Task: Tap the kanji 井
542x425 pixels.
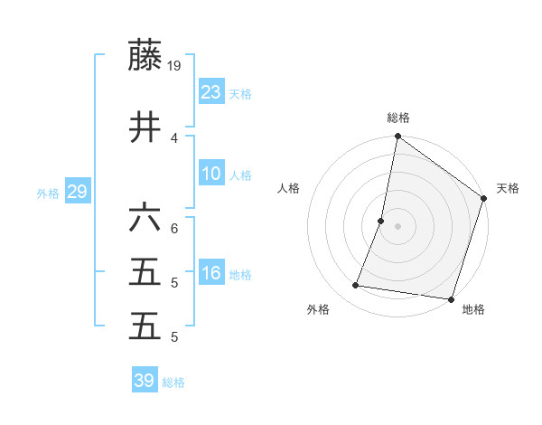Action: click(x=145, y=127)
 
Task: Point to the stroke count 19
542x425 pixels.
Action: click(x=174, y=65)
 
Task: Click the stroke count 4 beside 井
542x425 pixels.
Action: click(x=174, y=137)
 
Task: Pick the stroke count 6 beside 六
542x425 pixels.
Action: click(x=174, y=228)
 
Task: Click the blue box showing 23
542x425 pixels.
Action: click(x=210, y=91)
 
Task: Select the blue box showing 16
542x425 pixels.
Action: click(x=210, y=272)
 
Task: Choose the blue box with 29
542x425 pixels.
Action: click(x=77, y=191)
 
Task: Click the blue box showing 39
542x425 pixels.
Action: click(x=144, y=381)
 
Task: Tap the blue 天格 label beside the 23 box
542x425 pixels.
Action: click(x=240, y=94)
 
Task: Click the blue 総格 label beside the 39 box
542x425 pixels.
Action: click(x=173, y=383)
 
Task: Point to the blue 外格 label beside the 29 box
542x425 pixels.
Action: click(x=48, y=194)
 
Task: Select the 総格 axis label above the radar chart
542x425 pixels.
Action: click(x=397, y=118)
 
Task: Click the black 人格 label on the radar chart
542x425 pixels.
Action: click(x=289, y=188)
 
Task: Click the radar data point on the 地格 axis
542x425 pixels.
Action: click(x=450, y=298)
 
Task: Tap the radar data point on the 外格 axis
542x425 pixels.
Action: click(x=356, y=286)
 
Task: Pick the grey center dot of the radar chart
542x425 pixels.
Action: click(x=397, y=226)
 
